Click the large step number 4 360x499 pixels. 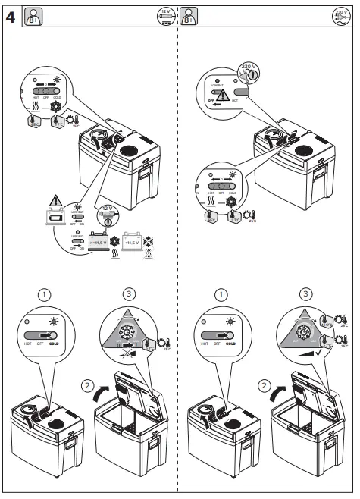11,14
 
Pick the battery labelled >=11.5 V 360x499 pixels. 102,243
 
